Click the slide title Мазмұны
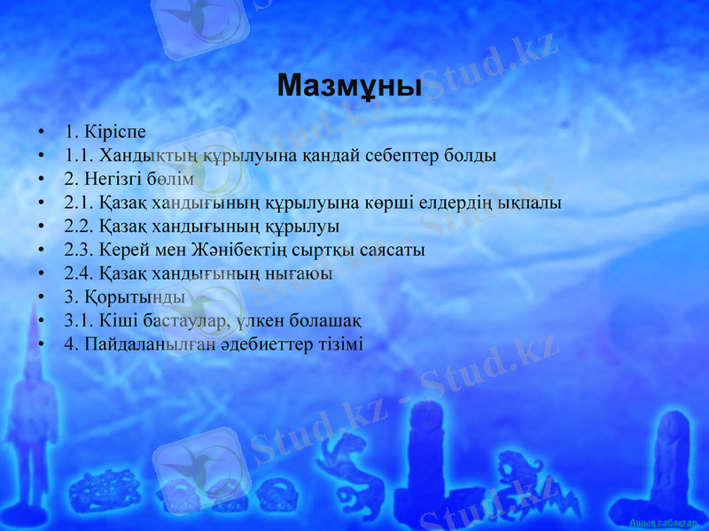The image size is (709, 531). [349, 86]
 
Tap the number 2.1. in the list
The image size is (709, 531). [80, 203]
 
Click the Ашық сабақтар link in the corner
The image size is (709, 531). [663, 524]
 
